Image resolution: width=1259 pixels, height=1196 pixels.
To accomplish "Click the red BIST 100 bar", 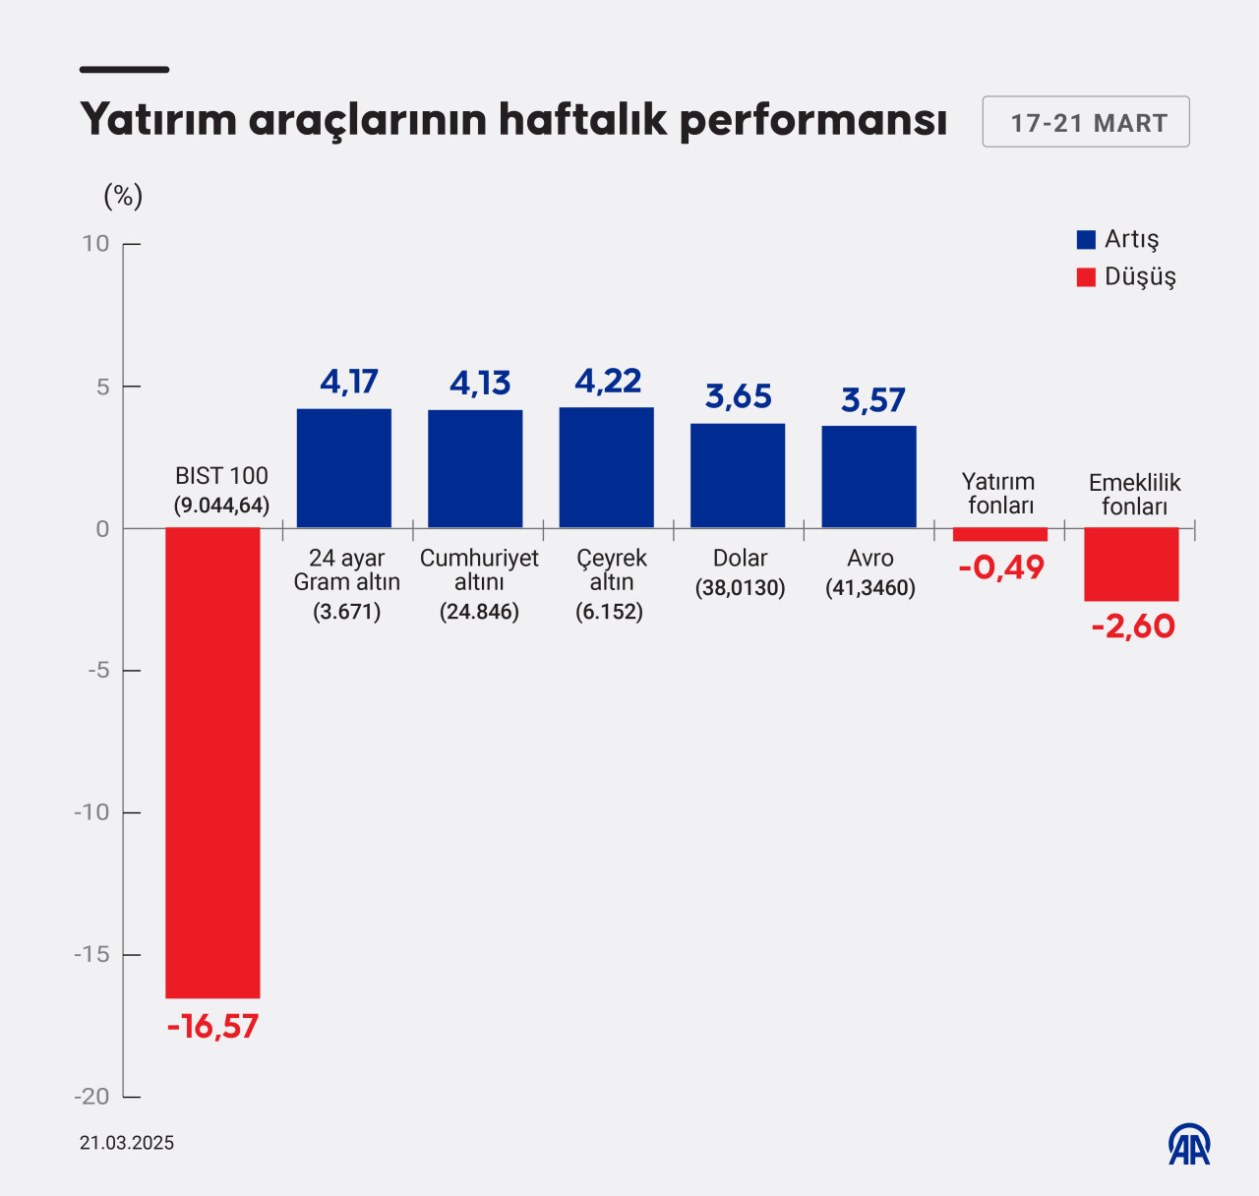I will (x=212, y=762).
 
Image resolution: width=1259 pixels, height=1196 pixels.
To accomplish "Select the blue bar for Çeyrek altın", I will (x=606, y=467).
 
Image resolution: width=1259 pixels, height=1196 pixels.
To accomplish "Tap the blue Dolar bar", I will (x=738, y=475).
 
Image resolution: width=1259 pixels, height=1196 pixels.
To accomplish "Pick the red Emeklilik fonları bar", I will (x=1131, y=565).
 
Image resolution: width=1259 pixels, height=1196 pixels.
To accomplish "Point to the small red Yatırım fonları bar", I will (x=1000, y=534).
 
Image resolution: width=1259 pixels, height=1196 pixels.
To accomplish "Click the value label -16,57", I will (x=212, y=1027).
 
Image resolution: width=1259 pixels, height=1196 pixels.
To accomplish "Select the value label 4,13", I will (x=480, y=383).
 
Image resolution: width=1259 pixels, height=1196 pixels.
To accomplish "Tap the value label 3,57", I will (x=872, y=400).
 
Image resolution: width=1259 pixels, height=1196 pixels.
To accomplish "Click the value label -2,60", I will (x=1133, y=627).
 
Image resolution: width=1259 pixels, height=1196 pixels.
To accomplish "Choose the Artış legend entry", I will (x=1118, y=239).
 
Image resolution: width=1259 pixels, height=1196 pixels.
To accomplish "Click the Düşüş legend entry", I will (x=1126, y=276).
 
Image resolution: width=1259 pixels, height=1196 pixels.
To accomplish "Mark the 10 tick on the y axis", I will (x=96, y=244).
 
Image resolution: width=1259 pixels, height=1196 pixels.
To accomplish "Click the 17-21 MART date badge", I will (x=1086, y=122).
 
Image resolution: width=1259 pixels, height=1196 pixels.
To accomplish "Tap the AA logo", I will (x=1189, y=1144).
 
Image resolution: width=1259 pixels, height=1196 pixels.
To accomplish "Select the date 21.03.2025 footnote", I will (x=127, y=1143).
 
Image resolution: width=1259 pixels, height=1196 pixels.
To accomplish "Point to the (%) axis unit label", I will (x=123, y=196).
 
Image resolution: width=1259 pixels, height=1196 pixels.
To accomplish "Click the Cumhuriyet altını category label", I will (x=479, y=570).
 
